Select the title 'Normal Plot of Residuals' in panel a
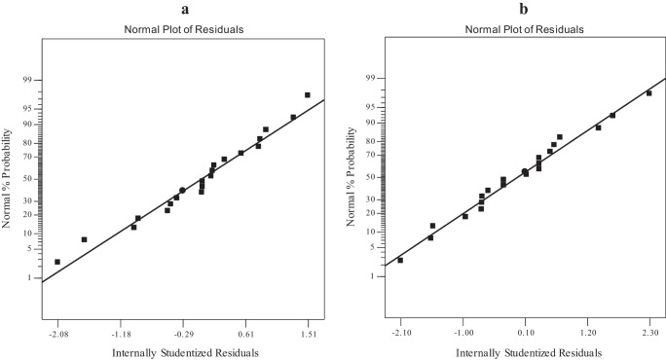183,29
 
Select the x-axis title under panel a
183,351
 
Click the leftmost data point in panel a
57,262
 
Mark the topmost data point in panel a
308,95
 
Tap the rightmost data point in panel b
648,93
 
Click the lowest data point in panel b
400,260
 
